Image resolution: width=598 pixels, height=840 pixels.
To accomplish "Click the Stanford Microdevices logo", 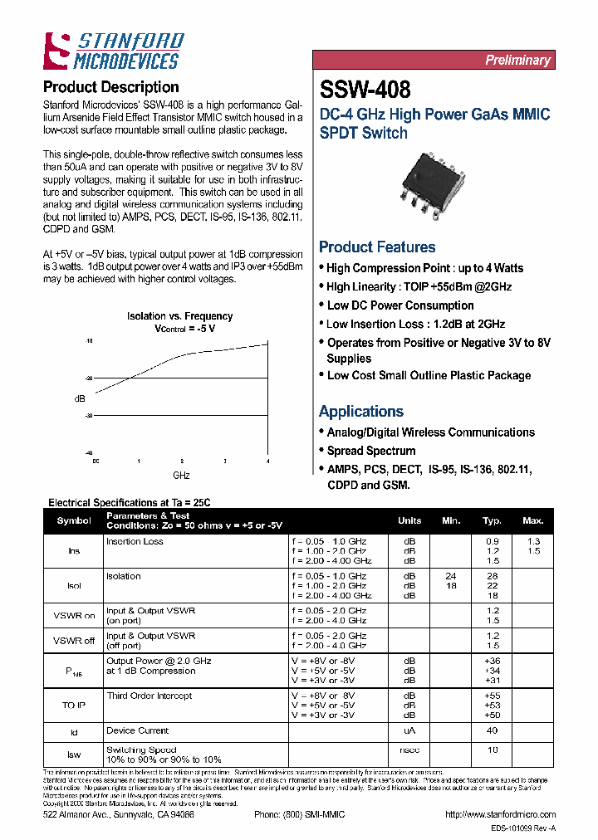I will (x=113, y=51).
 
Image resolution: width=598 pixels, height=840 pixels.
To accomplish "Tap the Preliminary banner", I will (x=517, y=61).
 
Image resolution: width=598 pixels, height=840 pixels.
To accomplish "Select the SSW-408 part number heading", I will (x=365, y=89).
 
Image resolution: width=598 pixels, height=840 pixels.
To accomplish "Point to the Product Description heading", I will (x=110, y=87).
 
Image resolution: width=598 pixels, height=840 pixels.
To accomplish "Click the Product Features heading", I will (x=377, y=247).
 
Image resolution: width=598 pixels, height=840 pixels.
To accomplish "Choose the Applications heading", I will (x=360, y=412).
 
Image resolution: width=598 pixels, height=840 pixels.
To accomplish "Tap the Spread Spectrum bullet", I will (x=370, y=451).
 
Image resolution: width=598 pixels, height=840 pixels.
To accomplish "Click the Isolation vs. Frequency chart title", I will (x=179, y=316).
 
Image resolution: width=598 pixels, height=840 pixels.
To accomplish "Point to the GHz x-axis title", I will (x=181, y=476).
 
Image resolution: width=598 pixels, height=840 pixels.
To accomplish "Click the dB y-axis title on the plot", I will (x=80, y=398).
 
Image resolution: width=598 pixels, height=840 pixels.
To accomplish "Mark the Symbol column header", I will (x=74, y=521).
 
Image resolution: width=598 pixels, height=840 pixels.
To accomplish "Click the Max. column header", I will (x=532, y=521).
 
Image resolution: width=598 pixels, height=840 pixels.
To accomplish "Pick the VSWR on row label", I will (x=74, y=616).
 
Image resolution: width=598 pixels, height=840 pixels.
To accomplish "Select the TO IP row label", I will (x=74, y=704).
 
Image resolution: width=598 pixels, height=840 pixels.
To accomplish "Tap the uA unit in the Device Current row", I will (x=409, y=731).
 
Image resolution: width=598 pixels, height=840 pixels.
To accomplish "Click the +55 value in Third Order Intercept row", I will (x=492, y=696).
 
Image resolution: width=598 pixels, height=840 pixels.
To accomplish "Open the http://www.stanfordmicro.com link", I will (x=500, y=815).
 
